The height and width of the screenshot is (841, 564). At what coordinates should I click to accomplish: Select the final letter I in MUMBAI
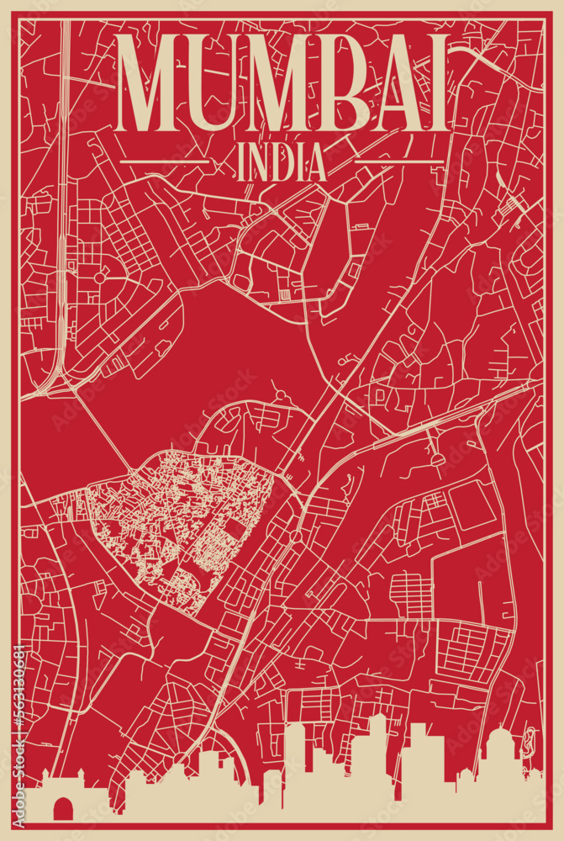pos(435,83)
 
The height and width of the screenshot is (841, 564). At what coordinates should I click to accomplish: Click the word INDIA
pos(282,163)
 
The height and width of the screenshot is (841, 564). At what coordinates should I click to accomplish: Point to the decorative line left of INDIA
pos(165,160)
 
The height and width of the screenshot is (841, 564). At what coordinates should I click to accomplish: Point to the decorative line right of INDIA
pos(399,160)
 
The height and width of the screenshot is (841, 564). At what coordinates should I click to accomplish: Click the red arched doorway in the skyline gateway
pos(61,809)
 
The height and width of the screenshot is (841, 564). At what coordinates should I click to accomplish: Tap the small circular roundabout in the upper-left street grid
pos(99,277)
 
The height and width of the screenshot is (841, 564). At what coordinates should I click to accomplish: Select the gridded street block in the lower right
pos(471,652)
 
